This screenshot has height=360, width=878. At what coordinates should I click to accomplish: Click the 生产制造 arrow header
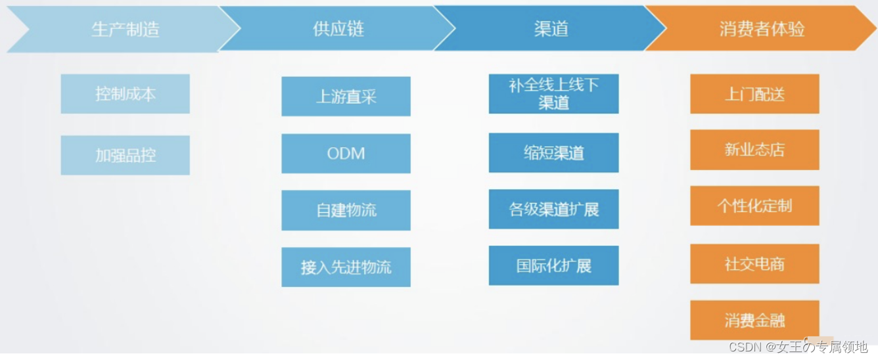(125, 30)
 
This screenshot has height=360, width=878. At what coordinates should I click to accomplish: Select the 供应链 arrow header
(338, 30)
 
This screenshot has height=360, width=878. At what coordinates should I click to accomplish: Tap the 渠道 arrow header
(551, 29)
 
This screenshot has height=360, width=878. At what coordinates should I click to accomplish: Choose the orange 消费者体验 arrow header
(762, 29)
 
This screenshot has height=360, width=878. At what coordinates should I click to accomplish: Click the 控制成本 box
(125, 94)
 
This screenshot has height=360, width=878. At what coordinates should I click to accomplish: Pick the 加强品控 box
(125, 155)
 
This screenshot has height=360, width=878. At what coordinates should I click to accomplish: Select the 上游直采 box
(346, 97)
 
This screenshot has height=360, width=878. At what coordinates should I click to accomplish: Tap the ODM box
(346, 154)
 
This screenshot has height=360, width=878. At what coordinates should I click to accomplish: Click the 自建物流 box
(346, 210)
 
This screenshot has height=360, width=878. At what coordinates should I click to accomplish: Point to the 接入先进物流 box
(346, 267)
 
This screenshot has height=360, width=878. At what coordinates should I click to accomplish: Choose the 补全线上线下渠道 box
(553, 94)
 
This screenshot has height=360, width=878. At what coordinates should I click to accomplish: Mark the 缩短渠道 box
(553, 153)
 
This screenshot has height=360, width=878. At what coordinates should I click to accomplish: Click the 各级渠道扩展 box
(553, 210)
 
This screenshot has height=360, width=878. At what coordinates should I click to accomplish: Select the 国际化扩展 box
(553, 265)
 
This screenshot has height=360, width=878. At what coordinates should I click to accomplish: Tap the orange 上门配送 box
(754, 94)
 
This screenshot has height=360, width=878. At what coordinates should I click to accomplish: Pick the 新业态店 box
(754, 150)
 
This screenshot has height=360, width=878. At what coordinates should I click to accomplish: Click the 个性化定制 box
(754, 206)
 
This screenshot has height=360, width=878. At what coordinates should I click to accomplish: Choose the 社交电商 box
(754, 264)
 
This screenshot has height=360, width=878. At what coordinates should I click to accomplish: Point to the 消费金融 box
(754, 321)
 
